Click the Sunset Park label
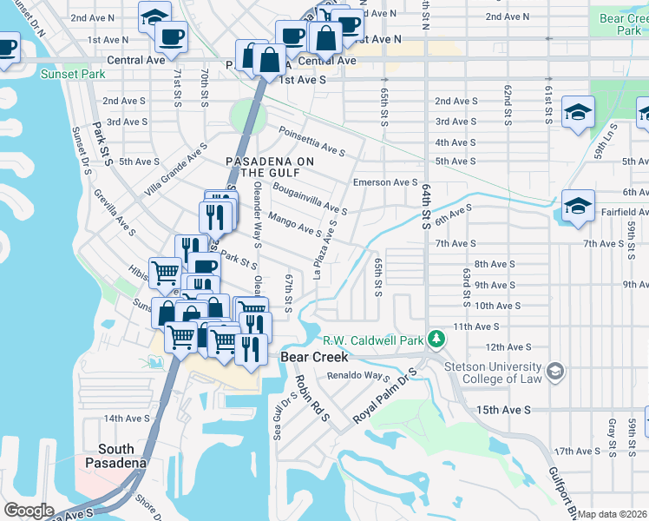pos(73,75)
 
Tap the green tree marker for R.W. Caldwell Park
pos(439,339)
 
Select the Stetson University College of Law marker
pos(555,373)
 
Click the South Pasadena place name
pos(116,456)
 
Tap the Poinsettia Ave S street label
pos(312,142)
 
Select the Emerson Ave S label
pos(386,182)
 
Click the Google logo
pos(28,511)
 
